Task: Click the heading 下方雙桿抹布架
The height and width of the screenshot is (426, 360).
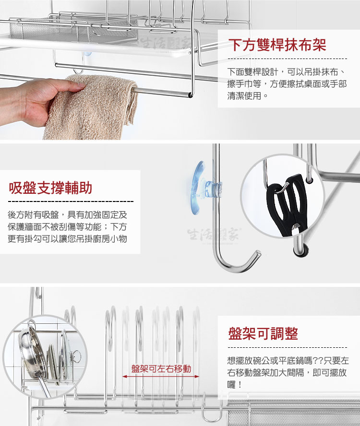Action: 277,45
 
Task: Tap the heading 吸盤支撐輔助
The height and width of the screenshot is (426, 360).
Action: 50,188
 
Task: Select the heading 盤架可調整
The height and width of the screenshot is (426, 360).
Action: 263,333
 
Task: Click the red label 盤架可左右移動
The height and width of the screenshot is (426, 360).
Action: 161,369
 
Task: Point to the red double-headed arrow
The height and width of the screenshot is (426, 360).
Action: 161,377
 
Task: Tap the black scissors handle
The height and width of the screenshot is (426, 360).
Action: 288,204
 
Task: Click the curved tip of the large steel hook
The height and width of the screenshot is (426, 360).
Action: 257,254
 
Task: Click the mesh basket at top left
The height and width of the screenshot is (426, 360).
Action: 49,30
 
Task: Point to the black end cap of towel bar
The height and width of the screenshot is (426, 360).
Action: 191,95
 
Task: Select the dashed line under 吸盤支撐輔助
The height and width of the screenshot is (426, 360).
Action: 71,201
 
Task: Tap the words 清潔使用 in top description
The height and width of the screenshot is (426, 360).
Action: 244,96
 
